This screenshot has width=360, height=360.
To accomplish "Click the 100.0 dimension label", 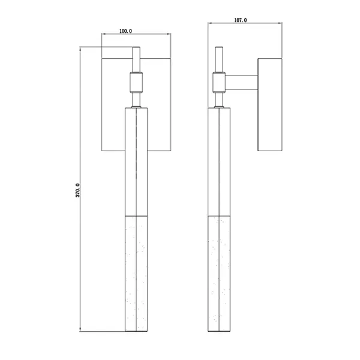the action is [125, 31].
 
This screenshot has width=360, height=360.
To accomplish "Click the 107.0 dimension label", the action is [241, 20].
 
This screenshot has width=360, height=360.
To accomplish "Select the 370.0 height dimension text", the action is [77, 190].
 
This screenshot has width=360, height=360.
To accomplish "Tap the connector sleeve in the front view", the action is [136, 82].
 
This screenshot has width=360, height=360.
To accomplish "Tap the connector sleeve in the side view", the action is [219, 82].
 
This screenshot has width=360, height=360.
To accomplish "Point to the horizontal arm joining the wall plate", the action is [242, 82].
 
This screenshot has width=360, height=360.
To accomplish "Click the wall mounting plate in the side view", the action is [270, 104].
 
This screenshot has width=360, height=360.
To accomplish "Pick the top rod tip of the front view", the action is [136, 47].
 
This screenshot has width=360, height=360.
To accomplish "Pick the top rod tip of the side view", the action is [219, 47].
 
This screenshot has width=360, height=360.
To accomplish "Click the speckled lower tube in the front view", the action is [136, 273].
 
